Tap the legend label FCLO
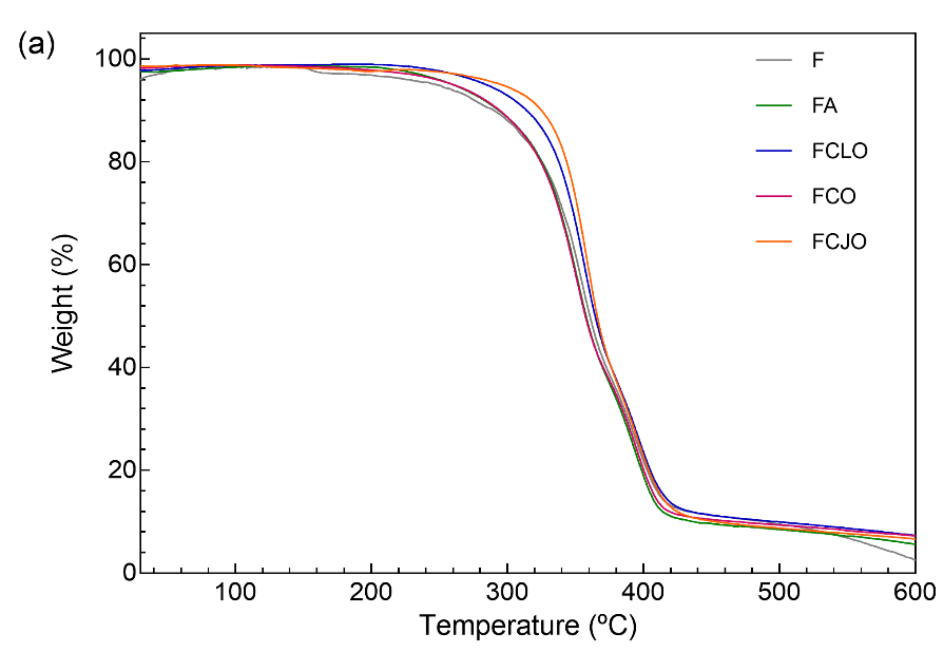(839, 151)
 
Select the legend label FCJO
(839, 241)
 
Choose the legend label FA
(824, 106)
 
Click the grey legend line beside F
(774, 60)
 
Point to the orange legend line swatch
(774, 241)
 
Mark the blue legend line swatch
(774, 151)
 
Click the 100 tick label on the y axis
(116, 59)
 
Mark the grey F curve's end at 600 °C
(915, 560)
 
